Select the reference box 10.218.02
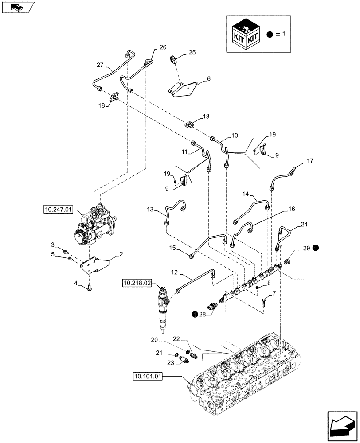point(138,281)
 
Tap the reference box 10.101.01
point(149,377)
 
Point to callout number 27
point(100,65)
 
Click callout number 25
point(192,53)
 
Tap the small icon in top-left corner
point(17,7)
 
